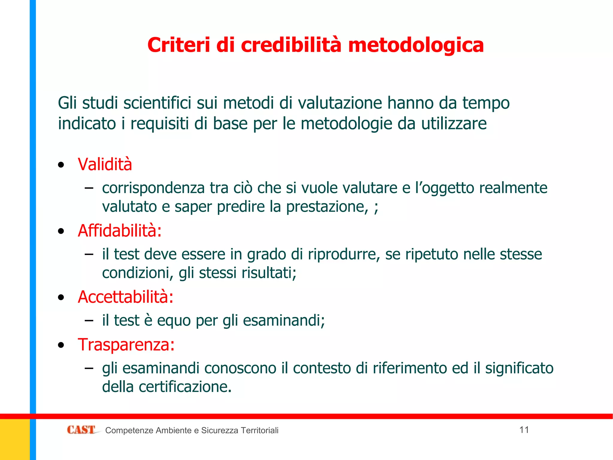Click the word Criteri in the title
179,45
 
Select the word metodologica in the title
416,45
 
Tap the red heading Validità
105,164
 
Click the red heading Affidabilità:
119,231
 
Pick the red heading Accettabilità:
125,297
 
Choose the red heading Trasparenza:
126,345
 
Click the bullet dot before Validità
61,165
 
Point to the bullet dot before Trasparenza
61,345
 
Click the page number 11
524,430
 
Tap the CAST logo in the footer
81,430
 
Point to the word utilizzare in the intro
454,123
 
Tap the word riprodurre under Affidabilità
344,254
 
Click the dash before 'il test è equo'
89,320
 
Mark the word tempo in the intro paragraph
486,103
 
